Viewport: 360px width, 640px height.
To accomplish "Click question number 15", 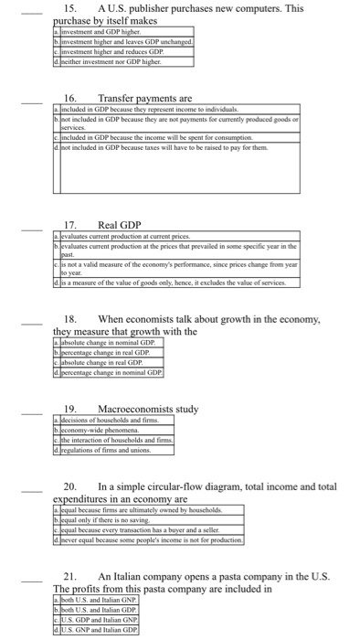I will [x=69, y=8].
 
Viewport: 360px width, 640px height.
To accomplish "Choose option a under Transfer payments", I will [x=146, y=109].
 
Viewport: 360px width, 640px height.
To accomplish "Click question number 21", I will [x=69, y=575].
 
